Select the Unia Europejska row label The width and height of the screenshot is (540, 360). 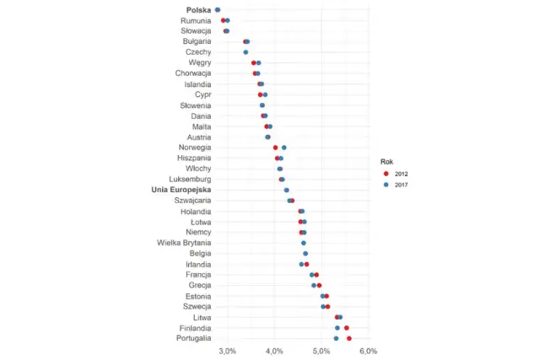(181, 190)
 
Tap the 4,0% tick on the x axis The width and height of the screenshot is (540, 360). (273, 350)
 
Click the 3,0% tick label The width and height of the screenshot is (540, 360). (227, 350)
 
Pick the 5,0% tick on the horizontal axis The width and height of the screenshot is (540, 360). (321, 350)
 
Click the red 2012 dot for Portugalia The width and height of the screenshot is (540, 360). (349, 338)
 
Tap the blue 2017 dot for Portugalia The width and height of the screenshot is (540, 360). (336, 338)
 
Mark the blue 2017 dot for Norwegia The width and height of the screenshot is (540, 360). (284, 148)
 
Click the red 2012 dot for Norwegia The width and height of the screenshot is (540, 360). (275, 148)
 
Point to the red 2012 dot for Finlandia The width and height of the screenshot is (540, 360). (347, 327)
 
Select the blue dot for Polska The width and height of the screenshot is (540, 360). (218, 9)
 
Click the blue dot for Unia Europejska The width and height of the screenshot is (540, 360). (287, 190)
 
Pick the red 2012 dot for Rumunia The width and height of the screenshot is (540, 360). (223, 20)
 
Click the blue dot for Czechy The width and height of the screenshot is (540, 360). (246, 52)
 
